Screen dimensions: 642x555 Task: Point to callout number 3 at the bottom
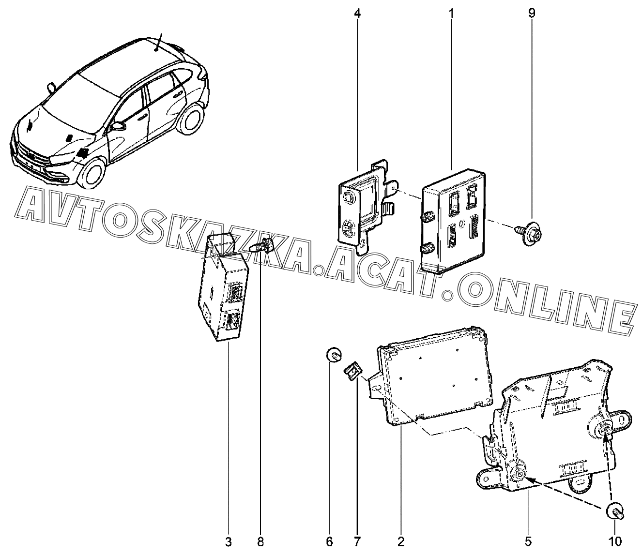point(229,542)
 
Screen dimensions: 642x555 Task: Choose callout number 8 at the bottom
point(260,542)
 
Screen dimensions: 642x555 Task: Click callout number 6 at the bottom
point(330,542)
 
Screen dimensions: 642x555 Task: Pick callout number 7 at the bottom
point(357,542)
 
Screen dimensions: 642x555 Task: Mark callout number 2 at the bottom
point(401,542)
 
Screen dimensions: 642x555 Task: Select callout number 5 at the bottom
point(528,542)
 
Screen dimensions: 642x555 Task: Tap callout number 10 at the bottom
point(615,542)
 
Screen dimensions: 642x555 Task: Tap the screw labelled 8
point(262,245)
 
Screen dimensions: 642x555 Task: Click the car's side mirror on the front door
point(118,126)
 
